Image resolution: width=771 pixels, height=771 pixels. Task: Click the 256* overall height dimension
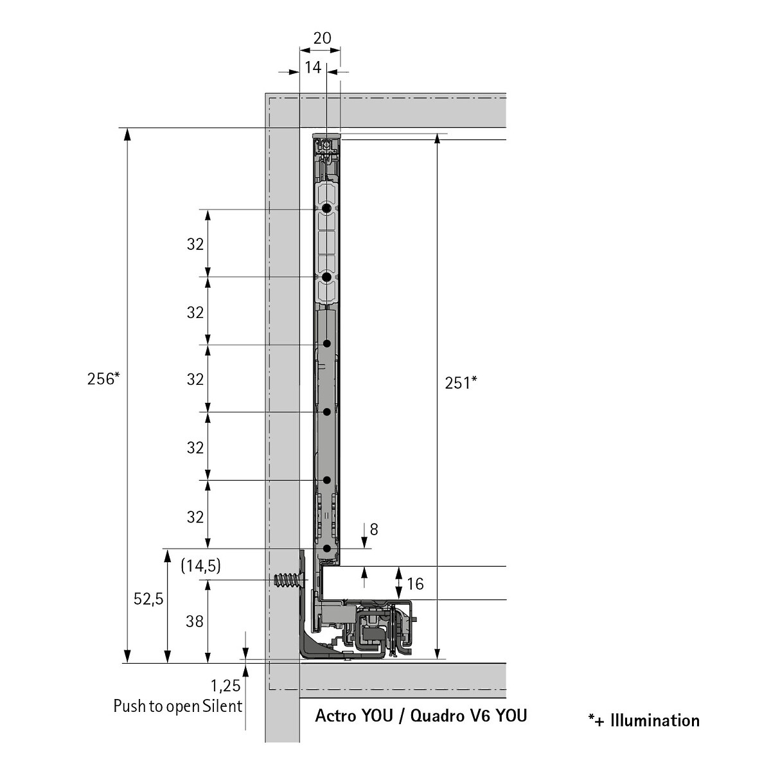[103, 378]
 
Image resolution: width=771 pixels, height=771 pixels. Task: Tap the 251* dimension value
[461, 383]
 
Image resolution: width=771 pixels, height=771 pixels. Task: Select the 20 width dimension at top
[322, 39]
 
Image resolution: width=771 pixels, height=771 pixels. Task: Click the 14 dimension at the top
[313, 67]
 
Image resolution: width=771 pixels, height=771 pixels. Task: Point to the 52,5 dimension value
[148, 599]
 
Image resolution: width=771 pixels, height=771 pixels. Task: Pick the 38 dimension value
[195, 621]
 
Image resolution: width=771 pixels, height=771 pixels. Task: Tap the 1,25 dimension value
[226, 686]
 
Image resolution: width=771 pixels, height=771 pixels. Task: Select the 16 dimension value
[415, 584]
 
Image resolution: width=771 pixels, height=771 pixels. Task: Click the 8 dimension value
[374, 529]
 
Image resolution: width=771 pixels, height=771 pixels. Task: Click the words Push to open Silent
[177, 706]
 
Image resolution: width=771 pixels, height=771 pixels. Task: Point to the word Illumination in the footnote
[655, 721]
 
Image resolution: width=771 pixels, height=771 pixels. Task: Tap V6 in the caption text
[479, 715]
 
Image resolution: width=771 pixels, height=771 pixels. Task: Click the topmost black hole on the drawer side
[327, 208]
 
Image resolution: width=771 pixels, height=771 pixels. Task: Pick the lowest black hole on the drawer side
[327, 549]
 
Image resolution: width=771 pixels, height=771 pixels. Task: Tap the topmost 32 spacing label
[195, 244]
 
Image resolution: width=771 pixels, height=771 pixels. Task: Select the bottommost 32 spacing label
[195, 517]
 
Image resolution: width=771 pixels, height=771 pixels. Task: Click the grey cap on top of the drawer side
[327, 136]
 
